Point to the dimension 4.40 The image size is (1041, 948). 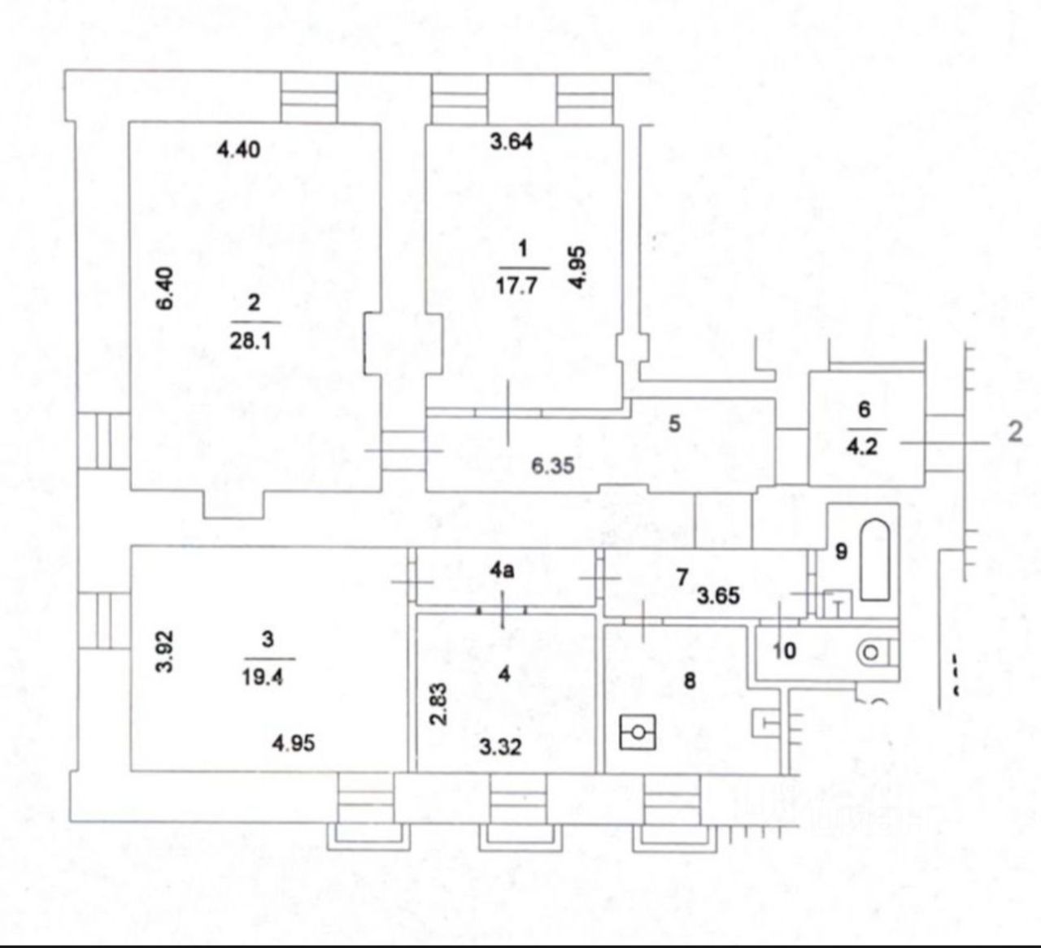[239, 150]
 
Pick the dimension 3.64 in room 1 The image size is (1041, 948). [512, 141]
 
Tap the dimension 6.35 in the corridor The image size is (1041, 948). [554, 466]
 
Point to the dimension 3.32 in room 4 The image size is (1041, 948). [499, 746]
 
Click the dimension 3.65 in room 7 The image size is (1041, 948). [719, 596]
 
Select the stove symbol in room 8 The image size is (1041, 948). [637, 733]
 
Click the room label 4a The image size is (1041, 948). [502, 571]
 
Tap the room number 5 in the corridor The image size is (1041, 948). [674, 424]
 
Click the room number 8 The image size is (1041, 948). [690, 680]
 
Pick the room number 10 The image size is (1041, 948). [784, 650]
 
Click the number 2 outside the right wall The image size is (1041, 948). [1014, 433]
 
